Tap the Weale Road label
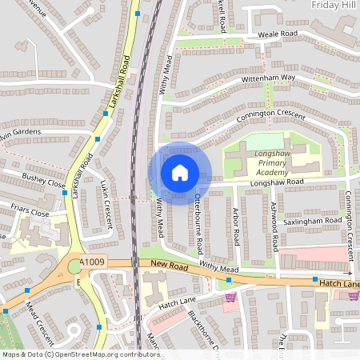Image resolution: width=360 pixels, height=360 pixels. (277, 34)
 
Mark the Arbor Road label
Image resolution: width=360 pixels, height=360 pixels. (236, 228)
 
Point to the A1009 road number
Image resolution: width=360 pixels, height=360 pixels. (94, 261)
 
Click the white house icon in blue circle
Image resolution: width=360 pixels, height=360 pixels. (180, 173)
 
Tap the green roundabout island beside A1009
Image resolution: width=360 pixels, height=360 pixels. (75, 266)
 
